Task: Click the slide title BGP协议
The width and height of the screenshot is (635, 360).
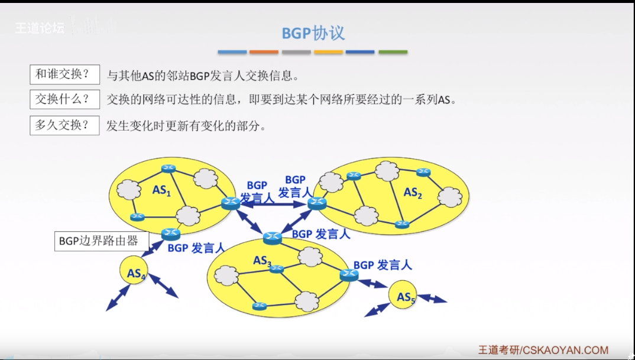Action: tap(313, 33)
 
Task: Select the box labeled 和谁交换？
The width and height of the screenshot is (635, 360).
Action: tap(64, 74)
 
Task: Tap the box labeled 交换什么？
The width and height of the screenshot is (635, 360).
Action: tap(64, 99)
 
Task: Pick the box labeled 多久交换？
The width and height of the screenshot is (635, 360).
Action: tap(64, 125)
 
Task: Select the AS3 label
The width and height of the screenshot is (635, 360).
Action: tap(262, 260)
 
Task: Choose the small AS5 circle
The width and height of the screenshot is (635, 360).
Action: tap(406, 297)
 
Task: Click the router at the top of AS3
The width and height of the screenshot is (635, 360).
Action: tap(273, 237)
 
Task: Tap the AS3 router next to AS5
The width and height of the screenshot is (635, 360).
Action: tap(349, 274)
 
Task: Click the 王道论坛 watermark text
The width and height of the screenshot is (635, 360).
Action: tap(40, 27)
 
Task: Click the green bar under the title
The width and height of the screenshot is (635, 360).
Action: tap(393, 52)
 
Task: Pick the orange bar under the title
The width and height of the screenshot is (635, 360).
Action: tap(264, 52)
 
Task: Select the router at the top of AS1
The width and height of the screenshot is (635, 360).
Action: tap(169, 168)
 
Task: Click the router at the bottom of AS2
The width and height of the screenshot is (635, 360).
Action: tap(402, 225)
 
